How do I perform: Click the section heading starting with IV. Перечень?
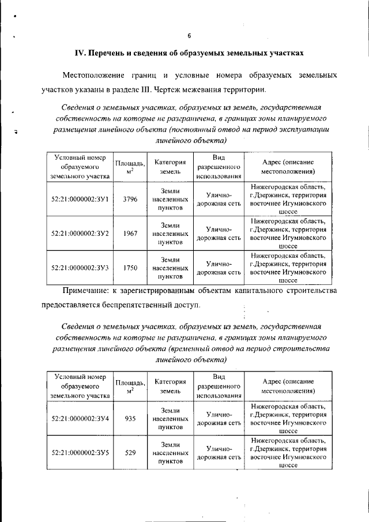point(189,53)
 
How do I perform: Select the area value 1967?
point(130,234)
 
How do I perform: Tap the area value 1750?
point(130,268)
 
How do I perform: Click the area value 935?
point(130,418)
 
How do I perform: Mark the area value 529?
point(130,453)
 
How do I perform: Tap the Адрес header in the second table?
point(288,386)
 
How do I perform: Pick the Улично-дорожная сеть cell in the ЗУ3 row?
point(219,268)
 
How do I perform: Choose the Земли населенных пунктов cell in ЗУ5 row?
point(170,453)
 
